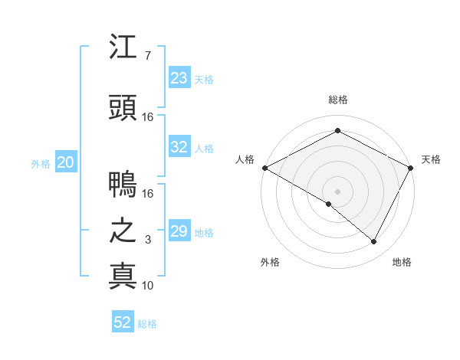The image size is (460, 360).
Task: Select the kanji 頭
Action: click(x=123, y=108)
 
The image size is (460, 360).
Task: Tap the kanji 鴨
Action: click(x=123, y=185)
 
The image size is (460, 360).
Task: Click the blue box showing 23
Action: click(x=179, y=78)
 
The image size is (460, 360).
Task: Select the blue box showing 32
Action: click(x=179, y=147)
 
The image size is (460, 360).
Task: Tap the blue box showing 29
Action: click(x=179, y=231)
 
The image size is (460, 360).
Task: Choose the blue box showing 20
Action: click(x=66, y=162)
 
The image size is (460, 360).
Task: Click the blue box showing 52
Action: click(x=123, y=322)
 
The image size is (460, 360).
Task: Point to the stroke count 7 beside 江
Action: click(x=147, y=56)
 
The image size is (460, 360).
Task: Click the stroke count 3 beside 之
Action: click(x=147, y=240)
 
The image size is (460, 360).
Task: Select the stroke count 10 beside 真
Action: click(x=147, y=285)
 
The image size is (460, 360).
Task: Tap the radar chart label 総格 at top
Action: click(x=337, y=100)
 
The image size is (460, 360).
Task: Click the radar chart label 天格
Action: click(x=431, y=159)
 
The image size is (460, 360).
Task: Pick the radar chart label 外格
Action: click(x=270, y=262)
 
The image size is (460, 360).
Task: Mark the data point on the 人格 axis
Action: click(x=264, y=167)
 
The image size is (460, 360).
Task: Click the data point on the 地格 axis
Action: click(x=374, y=241)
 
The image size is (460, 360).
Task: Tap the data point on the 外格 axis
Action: click(x=329, y=204)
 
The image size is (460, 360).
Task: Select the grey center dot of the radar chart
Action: click(x=337, y=191)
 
